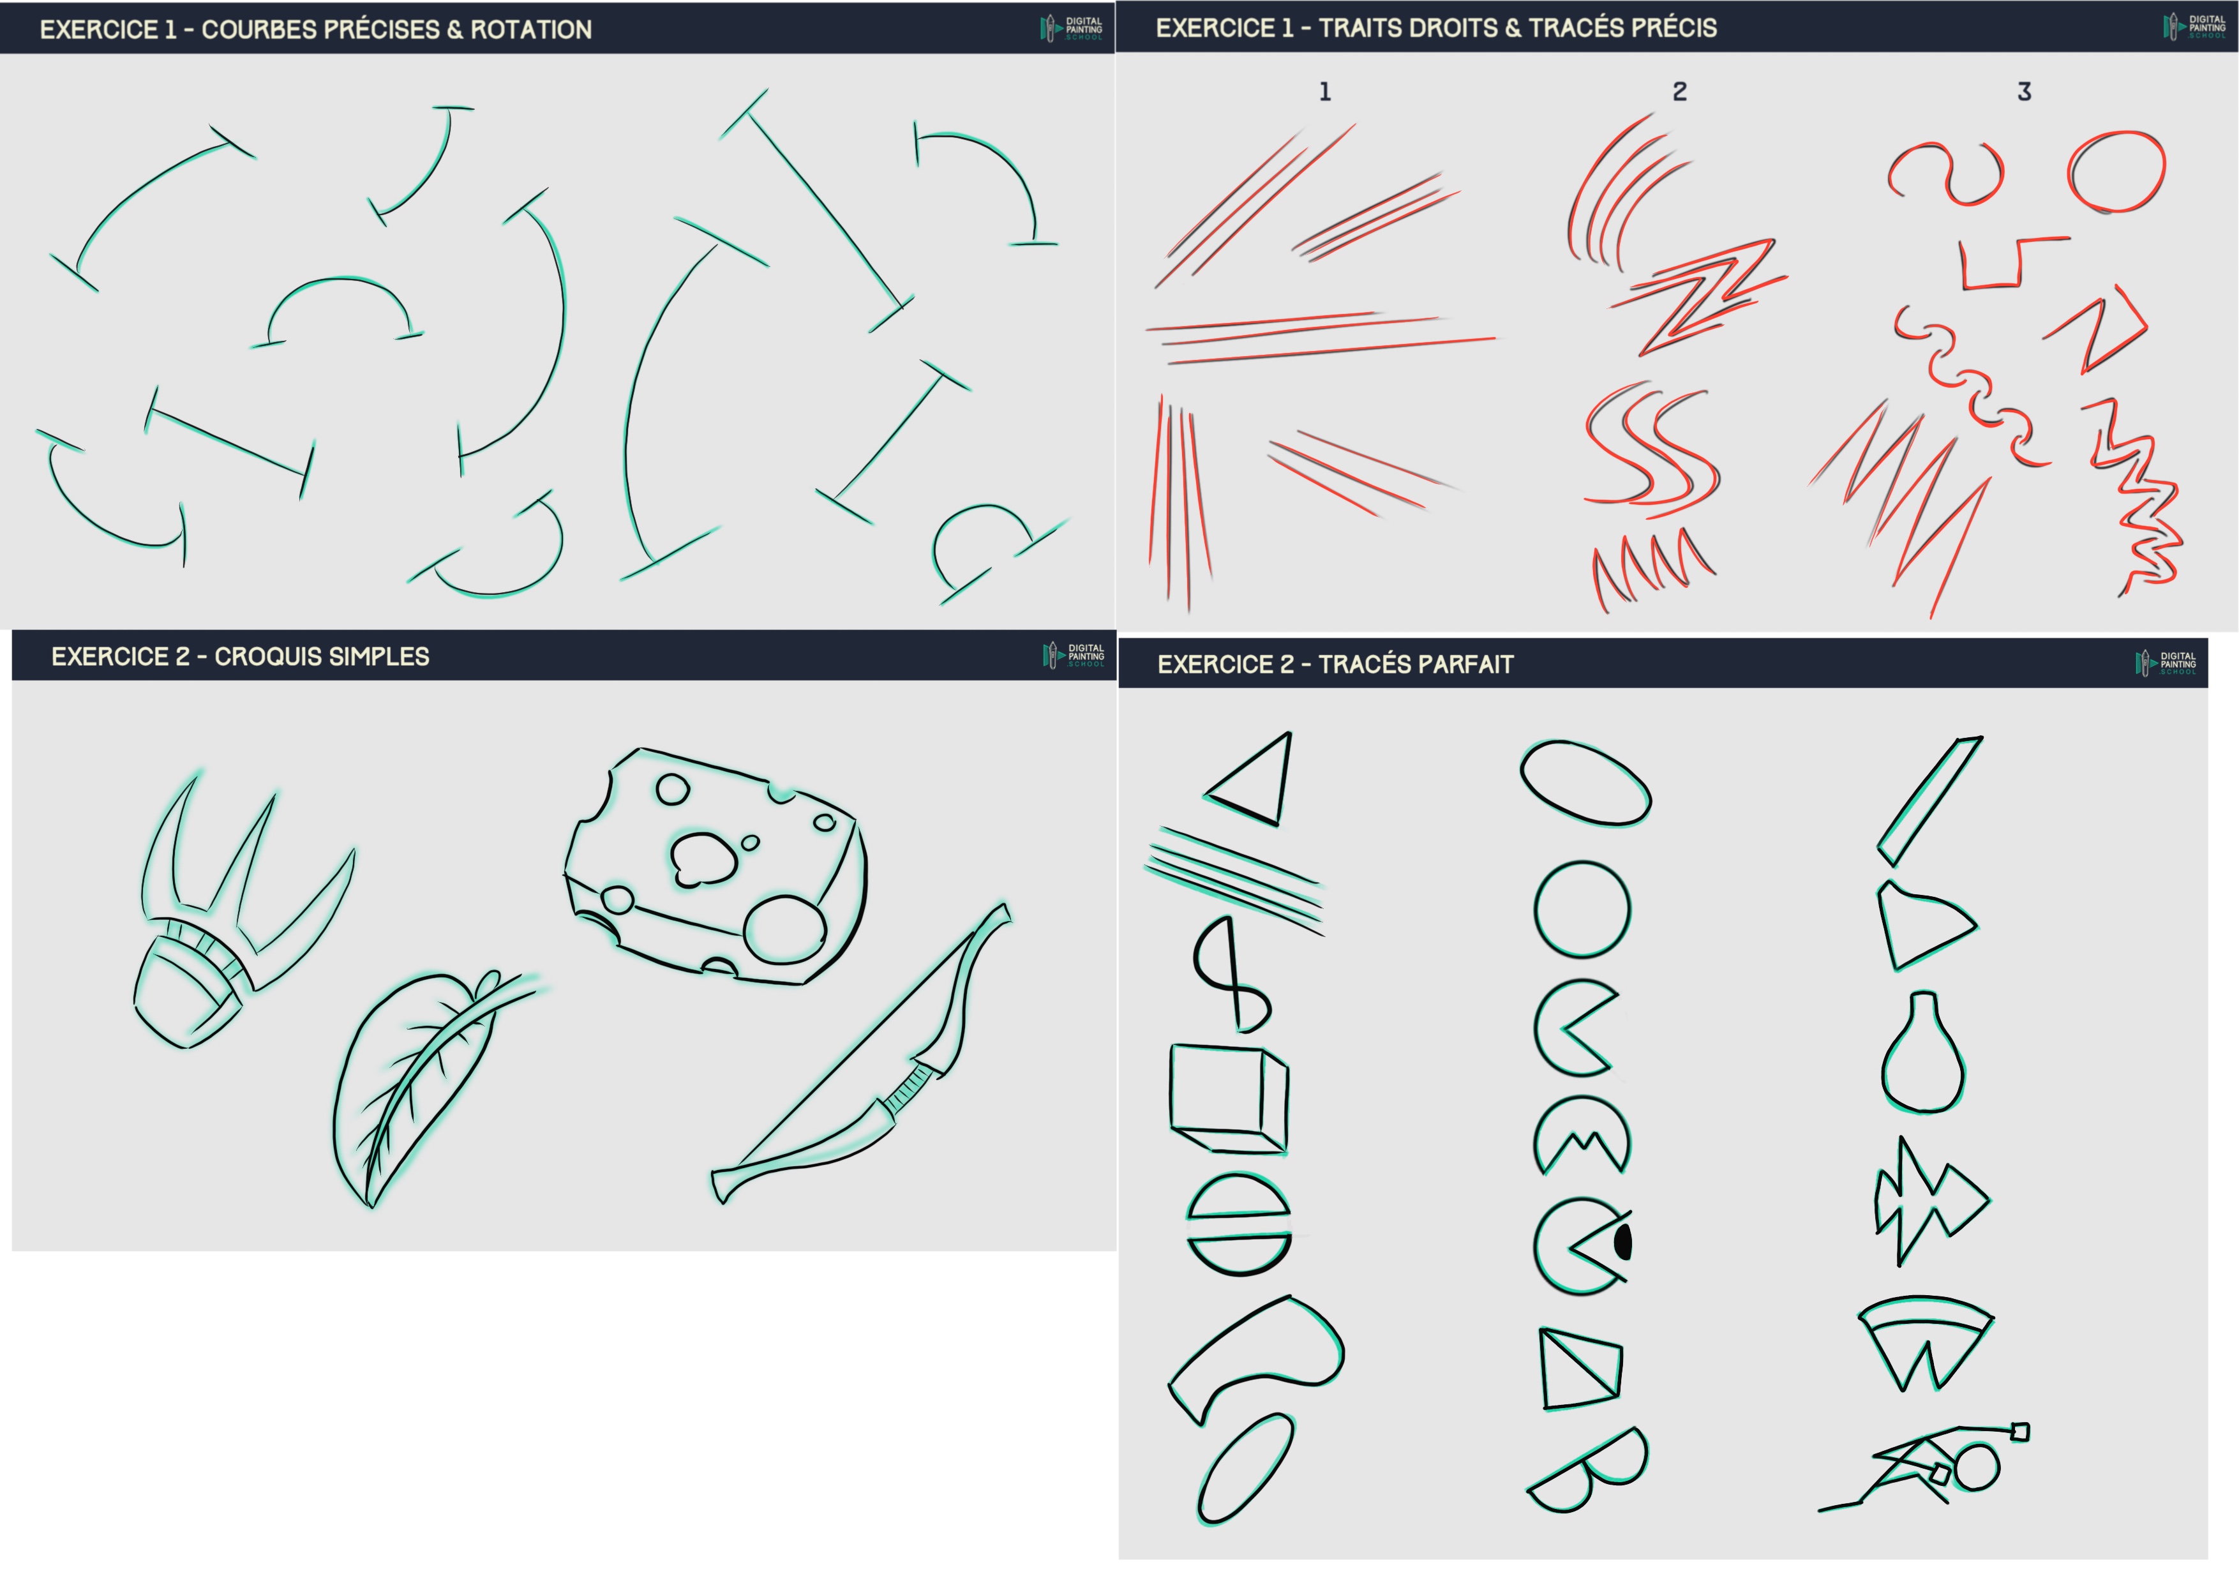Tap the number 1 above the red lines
(x=1324, y=92)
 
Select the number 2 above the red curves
(x=1679, y=92)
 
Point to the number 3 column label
(x=2025, y=92)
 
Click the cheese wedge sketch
(x=715, y=867)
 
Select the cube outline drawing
(x=1229, y=1099)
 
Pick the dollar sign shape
(x=1232, y=975)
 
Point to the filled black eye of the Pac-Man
(x=1622, y=1243)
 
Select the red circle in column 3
(x=2116, y=172)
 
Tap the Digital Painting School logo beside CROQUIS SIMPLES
(x=1073, y=656)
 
